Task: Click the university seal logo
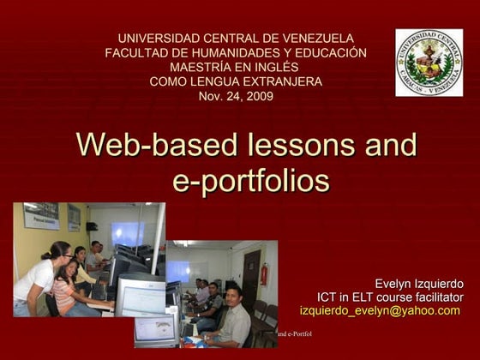[x=429, y=63]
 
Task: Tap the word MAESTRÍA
[x=201, y=67]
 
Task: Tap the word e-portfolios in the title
[x=246, y=181]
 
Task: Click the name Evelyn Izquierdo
[x=419, y=283]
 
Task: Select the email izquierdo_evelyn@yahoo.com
[x=380, y=310]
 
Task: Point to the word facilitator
[x=434, y=297]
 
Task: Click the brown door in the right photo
[x=250, y=276]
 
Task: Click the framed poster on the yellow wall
[x=40, y=216]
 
